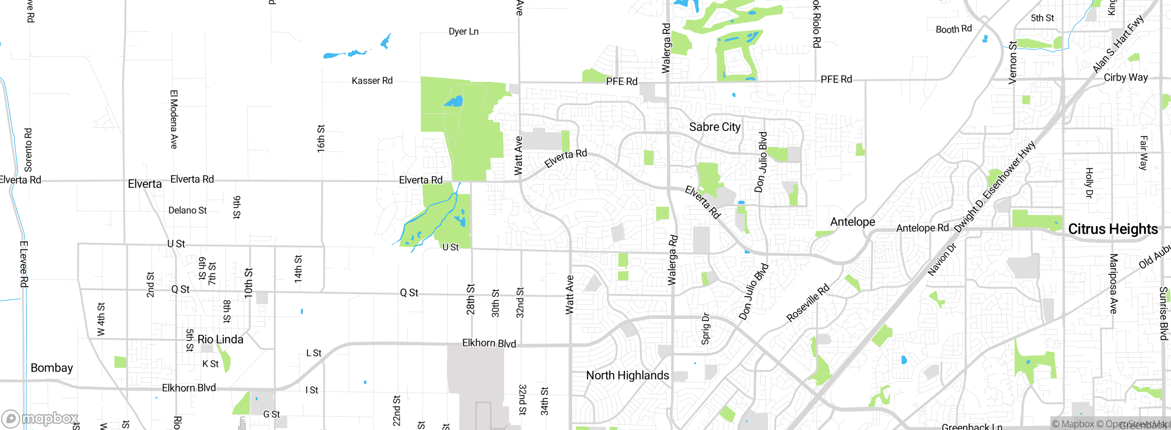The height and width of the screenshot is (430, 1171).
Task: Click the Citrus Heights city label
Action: pyautogui.click(x=1112, y=229)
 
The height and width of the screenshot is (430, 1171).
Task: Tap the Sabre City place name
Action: pyautogui.click(x=714, y=127)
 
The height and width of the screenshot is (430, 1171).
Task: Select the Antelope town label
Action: pyautogui.click(x=852, y=222)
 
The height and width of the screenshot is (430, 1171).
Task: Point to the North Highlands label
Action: pyautogui.click(x=627, y=376)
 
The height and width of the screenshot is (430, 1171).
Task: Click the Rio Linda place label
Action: pyautogui.click(x=220, y=339)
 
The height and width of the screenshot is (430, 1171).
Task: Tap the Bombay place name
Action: pyautogui.click(x=52, y=368)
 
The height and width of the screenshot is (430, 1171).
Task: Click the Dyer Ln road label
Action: pyautogui.click(x=463, y=32)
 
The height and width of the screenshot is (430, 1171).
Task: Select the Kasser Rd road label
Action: pyautogui.click(x=372, y=81)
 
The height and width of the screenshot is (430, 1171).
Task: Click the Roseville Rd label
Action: pyautogui.click(x=807, y=303)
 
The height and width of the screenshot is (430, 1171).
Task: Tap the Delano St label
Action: pyautogui.click(x=188, y=210)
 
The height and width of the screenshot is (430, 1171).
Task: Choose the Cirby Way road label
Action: pyautogui.click(x=1125, y=77)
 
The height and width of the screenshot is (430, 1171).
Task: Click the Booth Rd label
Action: pyautogui.click(x=953, y=29)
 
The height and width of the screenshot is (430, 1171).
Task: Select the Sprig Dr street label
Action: pyautogui.click(x=705, y=328)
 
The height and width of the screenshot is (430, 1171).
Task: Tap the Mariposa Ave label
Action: pyautogui.click(x=1113, y=284)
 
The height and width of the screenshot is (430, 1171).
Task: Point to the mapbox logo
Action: pyautogui.click(x=40, y=418)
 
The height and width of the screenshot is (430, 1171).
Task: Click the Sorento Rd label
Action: pyautogui.click(x=28, y=150)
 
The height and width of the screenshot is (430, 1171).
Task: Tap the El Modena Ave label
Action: pyautogui.click(x=174, y=119)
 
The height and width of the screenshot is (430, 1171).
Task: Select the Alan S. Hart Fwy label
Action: pyautogui.click(x=1117, y=44)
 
